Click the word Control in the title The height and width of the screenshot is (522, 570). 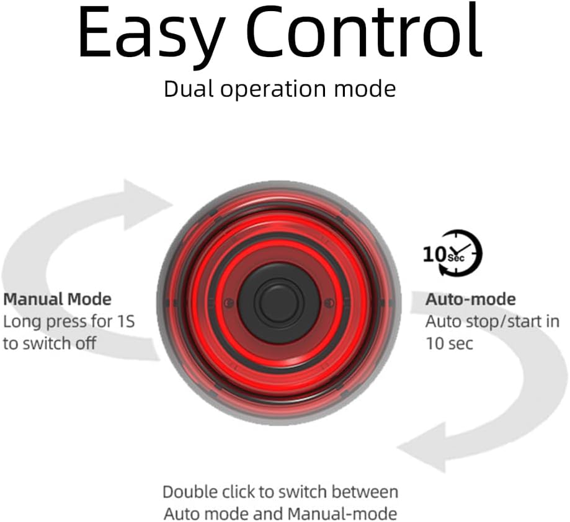tap(364, 30)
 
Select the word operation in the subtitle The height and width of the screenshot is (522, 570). tap(273, 91)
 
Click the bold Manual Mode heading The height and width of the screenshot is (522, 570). tap(58, 299)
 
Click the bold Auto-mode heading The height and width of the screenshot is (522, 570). tap(471, 299)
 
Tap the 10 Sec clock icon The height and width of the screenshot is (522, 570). tap(453, 253)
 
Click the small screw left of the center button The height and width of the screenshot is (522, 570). tap(229, 303)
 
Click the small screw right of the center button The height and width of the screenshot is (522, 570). tap(329, 303)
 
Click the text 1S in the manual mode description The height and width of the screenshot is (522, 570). tap(126, 322)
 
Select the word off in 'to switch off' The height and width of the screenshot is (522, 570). tap(86, 343)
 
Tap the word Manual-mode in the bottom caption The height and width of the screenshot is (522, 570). tap(342, 515)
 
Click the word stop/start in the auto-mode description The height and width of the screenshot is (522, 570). tap(501, 322)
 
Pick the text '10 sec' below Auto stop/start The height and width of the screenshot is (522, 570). tap(449, 343)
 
